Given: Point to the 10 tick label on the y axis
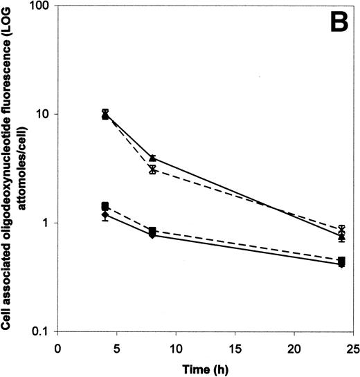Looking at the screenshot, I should (x=43, y=114).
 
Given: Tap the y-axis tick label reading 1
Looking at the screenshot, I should (x=46, y=223).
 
